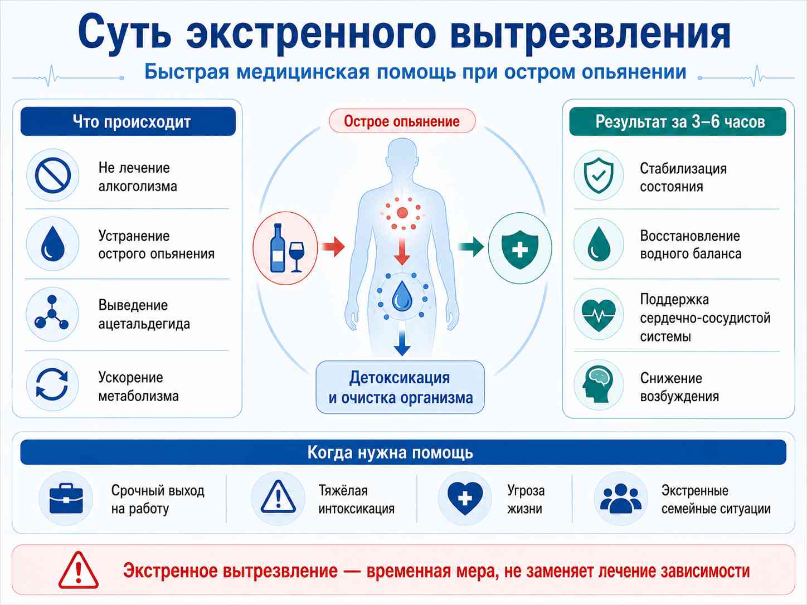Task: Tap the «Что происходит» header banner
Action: point(128,121)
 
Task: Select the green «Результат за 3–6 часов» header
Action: point(678,121)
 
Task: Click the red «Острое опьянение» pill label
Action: point(402,121)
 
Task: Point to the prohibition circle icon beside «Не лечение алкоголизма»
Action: point(52,175)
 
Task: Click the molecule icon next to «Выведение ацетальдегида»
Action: point(52,313)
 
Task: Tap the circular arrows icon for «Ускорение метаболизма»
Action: point(52,384)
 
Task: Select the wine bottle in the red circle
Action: point(278,248)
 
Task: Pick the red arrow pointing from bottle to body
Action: point(333,246)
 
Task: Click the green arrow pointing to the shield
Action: point(471,246)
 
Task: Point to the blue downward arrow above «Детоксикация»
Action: point(402,343)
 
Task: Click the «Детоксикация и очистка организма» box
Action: point(400,388)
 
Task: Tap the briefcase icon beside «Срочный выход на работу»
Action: point(66,499)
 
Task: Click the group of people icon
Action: point(621,499)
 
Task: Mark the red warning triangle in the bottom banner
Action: point(79,570)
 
